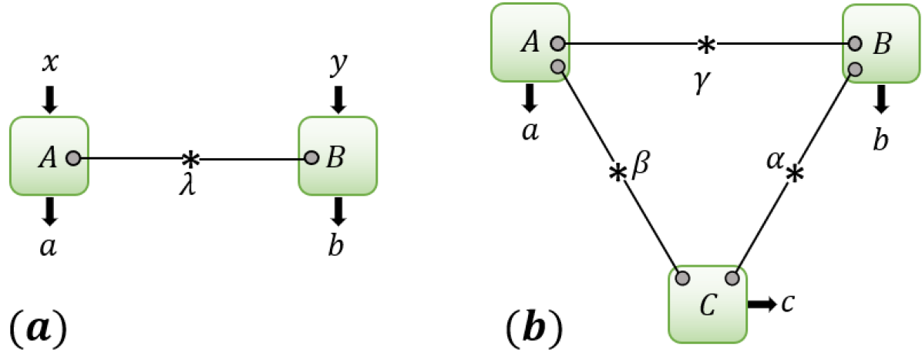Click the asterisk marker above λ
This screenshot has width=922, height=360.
tap(190, 160)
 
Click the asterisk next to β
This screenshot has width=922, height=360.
tap(617, 173)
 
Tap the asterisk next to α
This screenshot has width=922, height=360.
tap(794, 175)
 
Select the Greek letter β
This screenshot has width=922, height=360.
tap(641, 166)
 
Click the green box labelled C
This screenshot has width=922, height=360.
tap(707, 304)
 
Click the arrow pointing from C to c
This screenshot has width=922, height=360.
tap(762, 304)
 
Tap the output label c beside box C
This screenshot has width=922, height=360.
tap(787, 303)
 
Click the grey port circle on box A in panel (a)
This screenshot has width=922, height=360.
tap(72, 159)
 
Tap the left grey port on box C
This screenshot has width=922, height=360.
tap(681, 277)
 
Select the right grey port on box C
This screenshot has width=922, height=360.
tap(732, 277)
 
